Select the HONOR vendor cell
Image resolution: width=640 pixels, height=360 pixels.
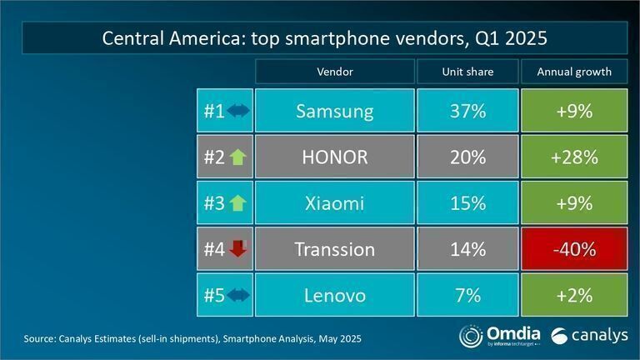tap(334, 157)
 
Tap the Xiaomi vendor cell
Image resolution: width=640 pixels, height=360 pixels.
tap(334, 202)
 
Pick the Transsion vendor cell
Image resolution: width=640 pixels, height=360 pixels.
tap(334, 248)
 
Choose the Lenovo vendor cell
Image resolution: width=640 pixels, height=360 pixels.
tap(334, 294)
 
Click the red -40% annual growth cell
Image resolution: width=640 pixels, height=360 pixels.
tap(573, 248)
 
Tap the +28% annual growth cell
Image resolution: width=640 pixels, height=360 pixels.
tap(573, 157)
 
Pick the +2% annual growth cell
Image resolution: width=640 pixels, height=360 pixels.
tap(573, 294)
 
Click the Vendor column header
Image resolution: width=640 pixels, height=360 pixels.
tap(334, 72)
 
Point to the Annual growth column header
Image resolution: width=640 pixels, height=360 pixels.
tap(573, 72)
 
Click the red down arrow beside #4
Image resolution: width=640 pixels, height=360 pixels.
tap(237, 248)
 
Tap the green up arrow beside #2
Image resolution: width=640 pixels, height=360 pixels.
tap(237, 157)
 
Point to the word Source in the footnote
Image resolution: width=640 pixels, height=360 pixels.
tap(39, 339)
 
